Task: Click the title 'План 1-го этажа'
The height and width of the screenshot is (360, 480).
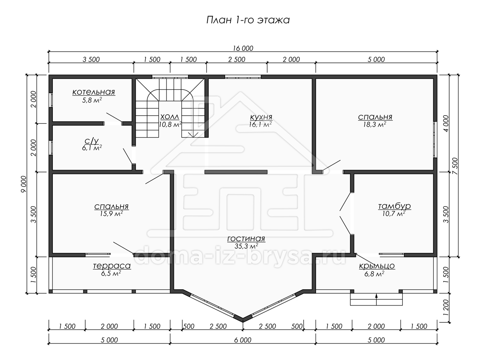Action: click(248, 20)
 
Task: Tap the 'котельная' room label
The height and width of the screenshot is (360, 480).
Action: click(94, 92)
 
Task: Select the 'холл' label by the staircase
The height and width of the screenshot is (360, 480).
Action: click(170, 117)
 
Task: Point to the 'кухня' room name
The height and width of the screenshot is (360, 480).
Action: click(261, 117)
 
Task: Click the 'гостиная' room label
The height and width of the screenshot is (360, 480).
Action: click(246, 238)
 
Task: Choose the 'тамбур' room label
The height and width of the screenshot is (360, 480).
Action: click(394, 206)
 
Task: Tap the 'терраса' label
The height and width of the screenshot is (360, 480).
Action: click(112, 266)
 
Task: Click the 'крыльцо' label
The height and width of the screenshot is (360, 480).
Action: click(377, 266)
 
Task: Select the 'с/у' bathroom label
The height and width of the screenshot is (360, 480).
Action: click(92, 141)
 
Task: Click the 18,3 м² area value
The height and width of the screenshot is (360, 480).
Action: click(374, 124)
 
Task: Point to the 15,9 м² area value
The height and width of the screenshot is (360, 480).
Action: click(111, 213)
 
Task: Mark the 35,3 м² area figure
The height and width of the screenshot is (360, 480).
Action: click(246, 246)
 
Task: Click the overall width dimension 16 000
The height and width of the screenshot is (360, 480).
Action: click(243, 48)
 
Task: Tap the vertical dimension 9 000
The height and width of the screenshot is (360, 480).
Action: click(24, 184)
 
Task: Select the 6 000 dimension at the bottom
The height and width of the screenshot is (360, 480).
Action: click(243, 340)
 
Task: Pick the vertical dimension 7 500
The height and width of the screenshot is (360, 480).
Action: click(455, 166)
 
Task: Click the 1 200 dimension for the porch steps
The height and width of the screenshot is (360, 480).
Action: click(446, 308)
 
